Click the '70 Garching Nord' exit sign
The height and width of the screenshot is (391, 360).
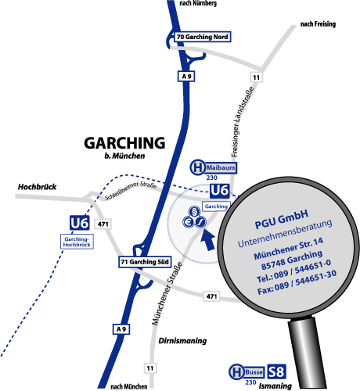[x=203, y=37]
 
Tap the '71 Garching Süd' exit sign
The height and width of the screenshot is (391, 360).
[x=145, y=262]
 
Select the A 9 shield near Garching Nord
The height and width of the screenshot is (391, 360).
[x=186, y=77]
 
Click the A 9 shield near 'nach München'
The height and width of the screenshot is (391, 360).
[x=121, y=329]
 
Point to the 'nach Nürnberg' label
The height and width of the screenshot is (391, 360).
[x=198, y=3]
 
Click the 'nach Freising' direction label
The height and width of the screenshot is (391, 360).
[x=318, y=24]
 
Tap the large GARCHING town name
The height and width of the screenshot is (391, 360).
[x=124, y=143]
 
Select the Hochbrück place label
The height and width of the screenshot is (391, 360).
[x=37, y=187]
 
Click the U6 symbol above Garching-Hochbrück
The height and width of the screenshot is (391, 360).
[x=80, y=223]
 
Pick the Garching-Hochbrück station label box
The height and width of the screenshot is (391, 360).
[x=77, y=242]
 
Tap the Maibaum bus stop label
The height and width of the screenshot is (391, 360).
[x=221, y=167]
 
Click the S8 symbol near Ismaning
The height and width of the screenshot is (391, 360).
[x=276, y=371]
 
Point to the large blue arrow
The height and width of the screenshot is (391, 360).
[x=208, y=240]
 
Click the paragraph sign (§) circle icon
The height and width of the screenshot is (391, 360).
[x=194, y=212]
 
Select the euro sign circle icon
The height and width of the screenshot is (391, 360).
[x=189, y=222]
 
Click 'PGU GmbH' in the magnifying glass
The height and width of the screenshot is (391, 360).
[x=281, y=220]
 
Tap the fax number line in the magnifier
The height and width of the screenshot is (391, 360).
[x=297, y=283]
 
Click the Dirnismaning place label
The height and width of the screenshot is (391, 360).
[x=182, y=341]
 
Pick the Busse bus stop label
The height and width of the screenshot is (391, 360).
[x=254, y=372]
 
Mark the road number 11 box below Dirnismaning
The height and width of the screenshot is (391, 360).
[x=150, y=368]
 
